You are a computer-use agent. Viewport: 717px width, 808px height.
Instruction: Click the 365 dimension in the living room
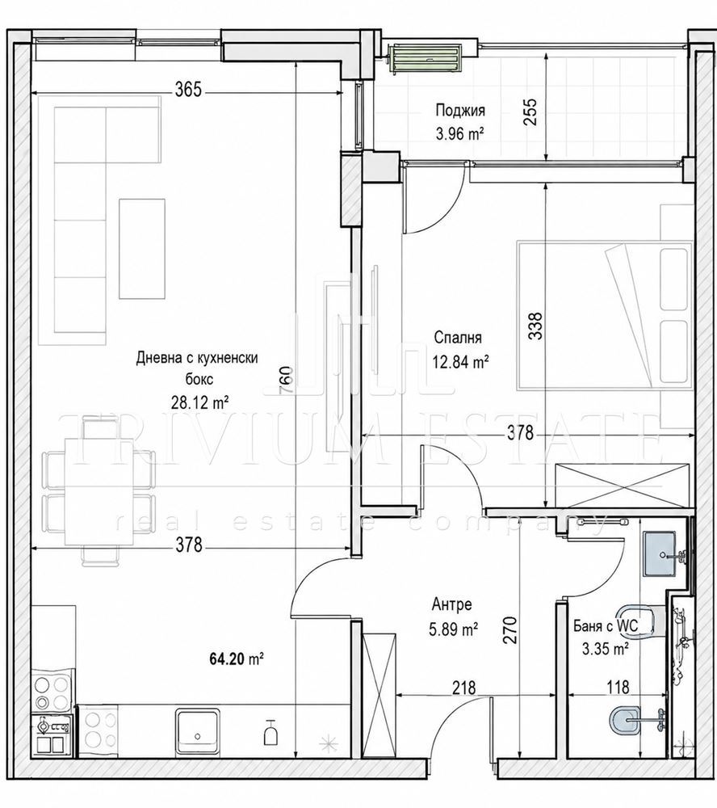point(187,90)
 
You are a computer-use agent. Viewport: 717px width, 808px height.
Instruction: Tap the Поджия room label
point(460,110)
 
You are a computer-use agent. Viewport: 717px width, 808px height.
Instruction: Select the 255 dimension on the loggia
point(530,112)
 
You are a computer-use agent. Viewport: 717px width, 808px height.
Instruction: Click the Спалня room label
point(458,338)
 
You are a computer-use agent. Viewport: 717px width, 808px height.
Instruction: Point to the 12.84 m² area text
point(460,362)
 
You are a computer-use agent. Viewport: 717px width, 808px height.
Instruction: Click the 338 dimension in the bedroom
point(535,326)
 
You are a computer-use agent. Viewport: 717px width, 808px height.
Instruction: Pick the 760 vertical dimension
point(287,381)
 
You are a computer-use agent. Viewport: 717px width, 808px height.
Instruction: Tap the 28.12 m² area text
point(200,402)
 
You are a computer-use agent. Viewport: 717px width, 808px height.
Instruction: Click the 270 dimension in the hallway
point(510,629)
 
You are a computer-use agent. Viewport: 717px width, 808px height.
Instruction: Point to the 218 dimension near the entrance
point(464,687)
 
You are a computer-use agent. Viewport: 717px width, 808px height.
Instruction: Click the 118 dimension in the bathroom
point(618,687)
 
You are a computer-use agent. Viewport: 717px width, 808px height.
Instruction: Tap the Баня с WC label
point(606,626)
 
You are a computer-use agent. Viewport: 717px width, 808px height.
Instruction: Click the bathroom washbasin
point(663,554)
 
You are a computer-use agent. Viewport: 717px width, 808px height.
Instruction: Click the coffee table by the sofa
point(142,249)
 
